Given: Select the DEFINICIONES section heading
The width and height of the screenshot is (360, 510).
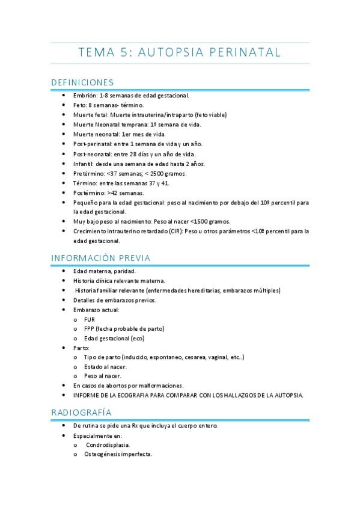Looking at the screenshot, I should click(x=82, y=82).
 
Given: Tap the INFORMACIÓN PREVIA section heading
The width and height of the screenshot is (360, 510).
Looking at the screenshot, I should click(x=100, y=258).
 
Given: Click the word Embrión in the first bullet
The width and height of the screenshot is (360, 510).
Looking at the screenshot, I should click(x=85, y=95).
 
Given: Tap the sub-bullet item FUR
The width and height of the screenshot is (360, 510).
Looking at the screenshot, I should click(x=90, y=319).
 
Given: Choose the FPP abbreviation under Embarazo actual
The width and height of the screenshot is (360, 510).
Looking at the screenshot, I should click(x=90, y=328).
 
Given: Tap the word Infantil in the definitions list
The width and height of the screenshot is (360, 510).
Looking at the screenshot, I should click(x=84, y=164).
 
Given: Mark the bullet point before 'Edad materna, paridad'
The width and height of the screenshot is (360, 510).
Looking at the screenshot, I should click(x=64, y=271).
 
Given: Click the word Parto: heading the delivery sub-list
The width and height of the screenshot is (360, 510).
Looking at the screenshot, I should click(x=81, y=348).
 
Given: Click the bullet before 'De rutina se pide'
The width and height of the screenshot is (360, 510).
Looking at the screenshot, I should click(x=64, y=425).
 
